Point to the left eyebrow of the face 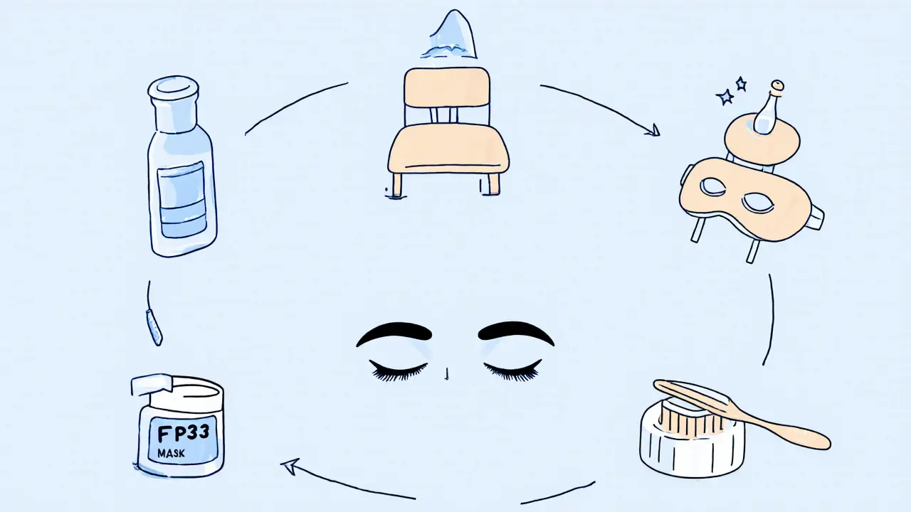coord(394,333)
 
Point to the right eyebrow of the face coord(516,331)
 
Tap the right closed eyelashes coord(512,370)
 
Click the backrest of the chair coord(447,89)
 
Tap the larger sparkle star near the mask coord(725,97)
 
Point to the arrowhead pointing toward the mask coord(651,130)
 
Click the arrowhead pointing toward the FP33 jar coord(290,466)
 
